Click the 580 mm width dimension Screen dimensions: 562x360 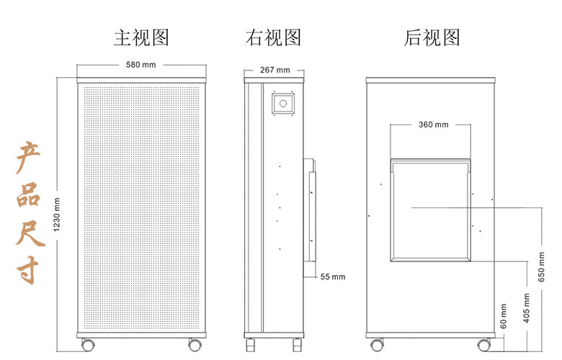[x=141, y=65]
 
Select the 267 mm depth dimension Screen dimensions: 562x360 [x=274, y=70]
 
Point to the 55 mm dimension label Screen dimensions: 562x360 [x=333, y=276]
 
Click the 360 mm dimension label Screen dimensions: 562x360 [x=433, y=125]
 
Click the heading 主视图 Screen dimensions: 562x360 [x=141, y=37]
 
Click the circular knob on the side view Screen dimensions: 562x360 [x=283, y=104]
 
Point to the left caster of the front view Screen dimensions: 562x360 [x=87, y=344]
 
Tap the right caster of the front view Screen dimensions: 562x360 [x=195, y=344]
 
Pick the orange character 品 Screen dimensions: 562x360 [x=29, y=193]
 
